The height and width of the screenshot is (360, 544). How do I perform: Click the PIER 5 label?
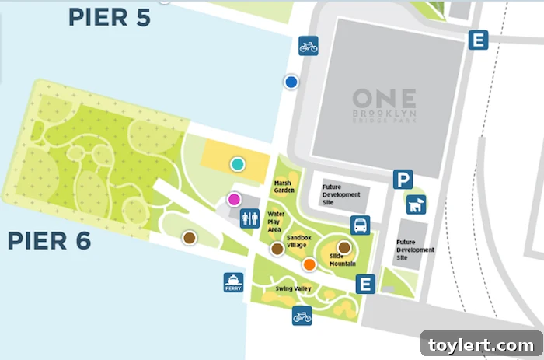point(109,17)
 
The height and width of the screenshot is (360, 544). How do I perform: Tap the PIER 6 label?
point(49,240)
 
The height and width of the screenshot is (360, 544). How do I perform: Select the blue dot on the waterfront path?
point(291,82)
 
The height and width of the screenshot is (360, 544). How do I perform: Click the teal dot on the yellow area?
point(237,164)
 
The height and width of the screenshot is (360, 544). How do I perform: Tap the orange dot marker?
point(309,264)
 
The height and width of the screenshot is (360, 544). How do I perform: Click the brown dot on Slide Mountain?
point(343,248)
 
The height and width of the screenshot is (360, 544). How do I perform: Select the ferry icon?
point(233,282)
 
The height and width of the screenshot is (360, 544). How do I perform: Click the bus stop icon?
point(360,225)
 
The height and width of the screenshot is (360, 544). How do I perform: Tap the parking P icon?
point(402,180)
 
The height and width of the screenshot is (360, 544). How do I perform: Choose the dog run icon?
point(416,205)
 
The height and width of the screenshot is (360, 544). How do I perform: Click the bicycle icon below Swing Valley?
point(302,316)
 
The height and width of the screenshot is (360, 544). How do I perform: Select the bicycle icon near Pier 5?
point(309,46)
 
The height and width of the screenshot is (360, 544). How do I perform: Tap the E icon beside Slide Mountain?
point(364,285)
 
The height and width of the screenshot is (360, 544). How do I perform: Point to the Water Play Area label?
point(277,221)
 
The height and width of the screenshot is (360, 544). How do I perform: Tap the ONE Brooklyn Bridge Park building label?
point(384,103)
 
